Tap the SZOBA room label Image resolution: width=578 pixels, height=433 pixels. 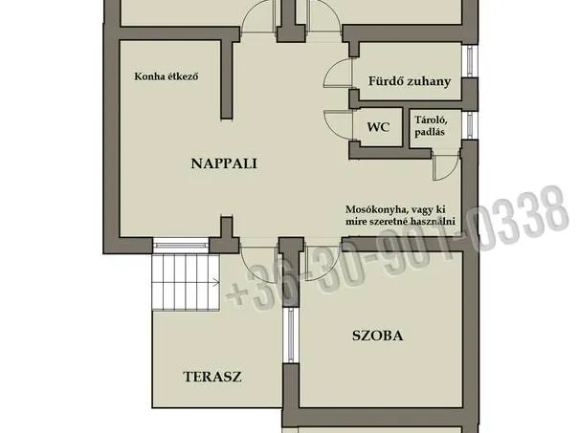click(376, 336)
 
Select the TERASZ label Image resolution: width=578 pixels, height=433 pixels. click(211, 376)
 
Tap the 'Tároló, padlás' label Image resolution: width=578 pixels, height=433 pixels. click(431, 125)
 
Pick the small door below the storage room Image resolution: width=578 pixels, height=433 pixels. click(443, 166)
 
